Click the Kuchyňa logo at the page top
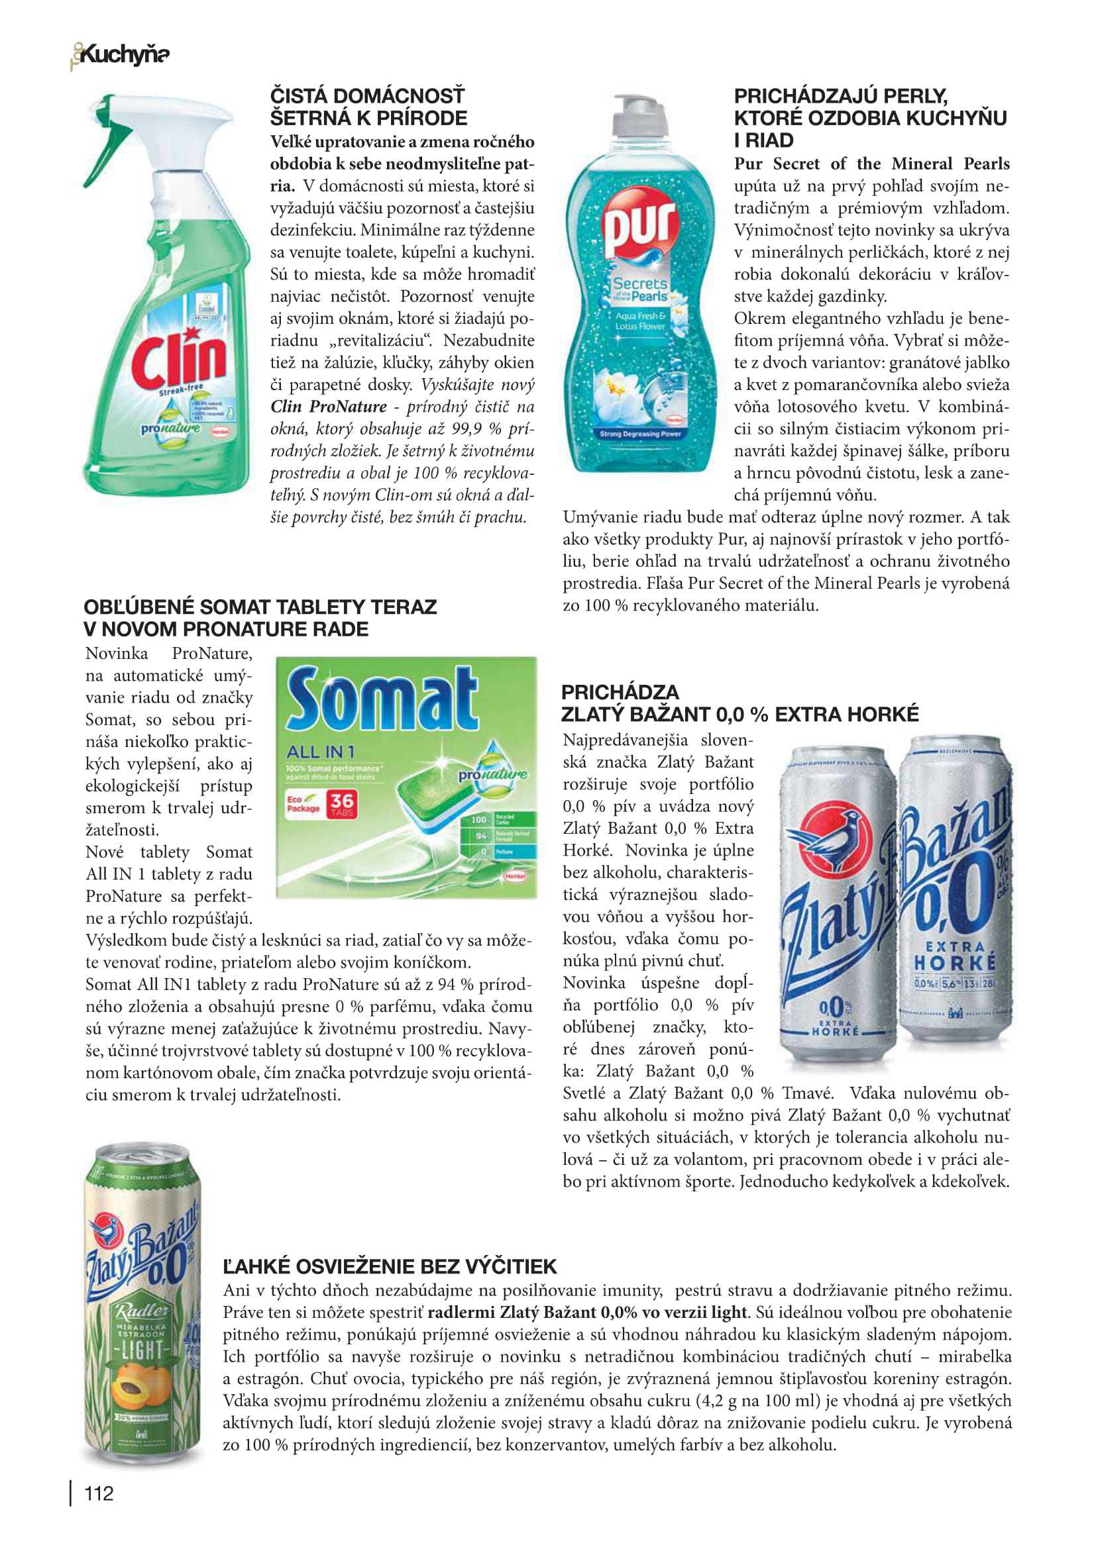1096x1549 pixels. pyautogui.click(x=121, y=55)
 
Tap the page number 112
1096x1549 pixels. pyautogui.click(x=99, y=1493)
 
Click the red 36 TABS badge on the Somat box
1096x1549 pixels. pyautogui.click(x=341, y=803)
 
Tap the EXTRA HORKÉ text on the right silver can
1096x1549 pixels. pyautogui.click(x=954, y=956)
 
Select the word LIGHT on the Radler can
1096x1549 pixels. pyautogui.click(x=141, y=1350)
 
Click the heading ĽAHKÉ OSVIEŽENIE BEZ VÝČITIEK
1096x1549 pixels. pyautogui.click(x=390, y=1266)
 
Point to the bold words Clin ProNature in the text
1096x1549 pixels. pyautogui.click(x=329, y=407)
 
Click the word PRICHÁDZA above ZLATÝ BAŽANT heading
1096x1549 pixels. pyautogui.click(x=620, y=691)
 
